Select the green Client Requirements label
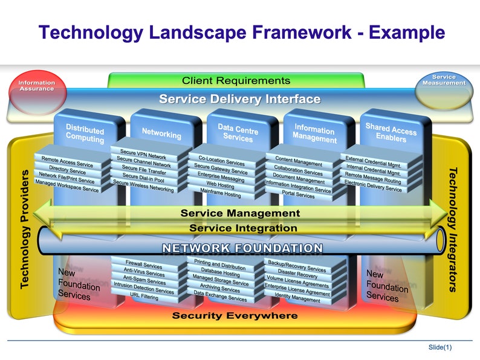pos(236,80)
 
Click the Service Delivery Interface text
pos(239,99)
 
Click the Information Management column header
pos(314,133)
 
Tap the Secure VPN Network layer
pos(143,154)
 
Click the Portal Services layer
pos(298,195)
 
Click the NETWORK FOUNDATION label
pos(241,248)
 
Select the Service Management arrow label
pos(240,213)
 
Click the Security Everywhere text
pos(235,315)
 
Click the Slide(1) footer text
pos(439,347)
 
